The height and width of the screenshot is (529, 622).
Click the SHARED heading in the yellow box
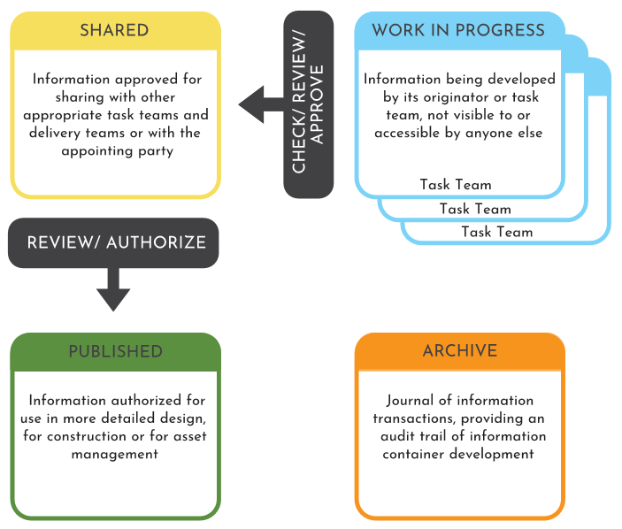tap(115, 30)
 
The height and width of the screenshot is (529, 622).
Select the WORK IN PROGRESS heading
tap(458, 30)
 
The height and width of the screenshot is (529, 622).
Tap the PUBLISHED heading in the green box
tap(115, 351)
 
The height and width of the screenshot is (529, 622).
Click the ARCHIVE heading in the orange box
tap(459, 351)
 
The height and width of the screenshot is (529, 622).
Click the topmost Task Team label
tap(456, 185)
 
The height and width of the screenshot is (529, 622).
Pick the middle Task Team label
tap(475, 209)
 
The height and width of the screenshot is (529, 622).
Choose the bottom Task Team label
tap(497, 232)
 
